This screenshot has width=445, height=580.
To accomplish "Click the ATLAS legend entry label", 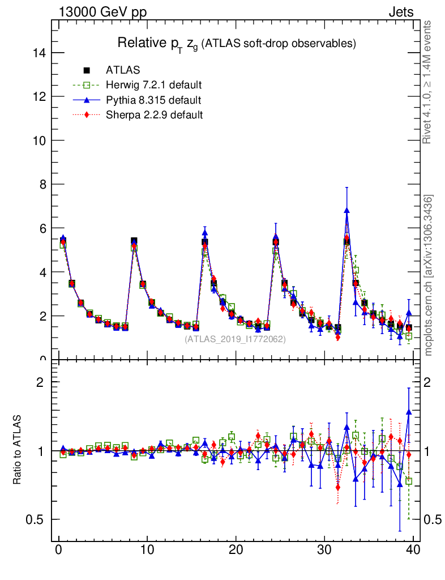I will (123, 70).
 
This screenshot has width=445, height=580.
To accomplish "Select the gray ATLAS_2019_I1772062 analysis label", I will (235, 339).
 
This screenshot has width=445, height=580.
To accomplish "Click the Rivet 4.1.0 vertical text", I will (428, 82).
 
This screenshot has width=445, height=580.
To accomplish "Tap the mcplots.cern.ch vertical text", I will (428, 275).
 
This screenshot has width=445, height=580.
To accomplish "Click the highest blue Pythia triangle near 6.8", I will (346, 210).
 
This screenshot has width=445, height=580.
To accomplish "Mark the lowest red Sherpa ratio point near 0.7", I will (338, 487).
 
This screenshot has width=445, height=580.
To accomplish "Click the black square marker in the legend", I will (87, 70).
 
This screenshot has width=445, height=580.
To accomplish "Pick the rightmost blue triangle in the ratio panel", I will (409, 412).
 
